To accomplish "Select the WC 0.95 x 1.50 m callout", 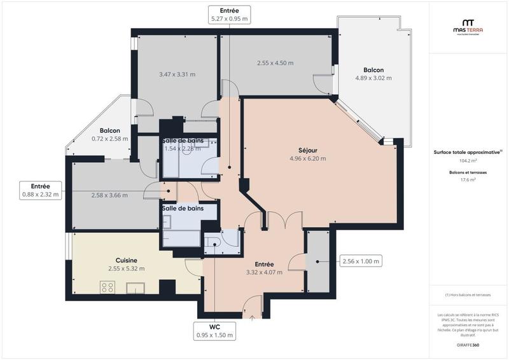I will point(214,330).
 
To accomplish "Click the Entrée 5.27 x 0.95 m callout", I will point(229,15).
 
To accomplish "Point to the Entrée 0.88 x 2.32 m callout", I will point(39,190).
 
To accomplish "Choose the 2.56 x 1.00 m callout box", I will point(361,261).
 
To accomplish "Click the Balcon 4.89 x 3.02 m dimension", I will point(373,78).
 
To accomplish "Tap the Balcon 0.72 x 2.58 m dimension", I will point(109,139).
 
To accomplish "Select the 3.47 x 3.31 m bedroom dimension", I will point(177,74).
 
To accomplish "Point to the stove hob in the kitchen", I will point(107,287).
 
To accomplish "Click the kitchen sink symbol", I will point(136,289).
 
